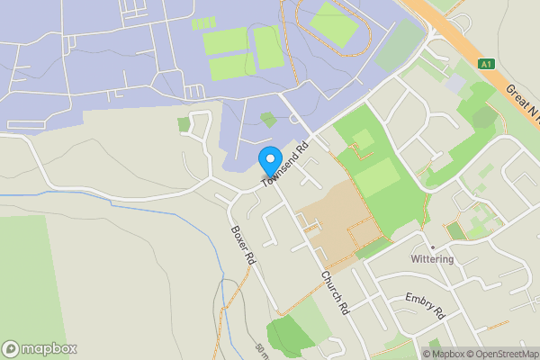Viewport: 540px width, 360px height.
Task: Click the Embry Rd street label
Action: (425, 306)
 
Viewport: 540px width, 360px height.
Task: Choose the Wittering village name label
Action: (432, 259)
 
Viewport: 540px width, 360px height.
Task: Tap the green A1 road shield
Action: (487, 65)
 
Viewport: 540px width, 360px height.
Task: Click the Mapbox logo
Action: (39, 348)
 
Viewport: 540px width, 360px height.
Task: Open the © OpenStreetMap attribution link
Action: (499, 354)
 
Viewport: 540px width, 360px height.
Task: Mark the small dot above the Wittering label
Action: (432, 247)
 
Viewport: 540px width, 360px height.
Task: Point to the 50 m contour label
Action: (261, 348)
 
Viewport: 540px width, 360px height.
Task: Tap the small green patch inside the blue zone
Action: (268, 118)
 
